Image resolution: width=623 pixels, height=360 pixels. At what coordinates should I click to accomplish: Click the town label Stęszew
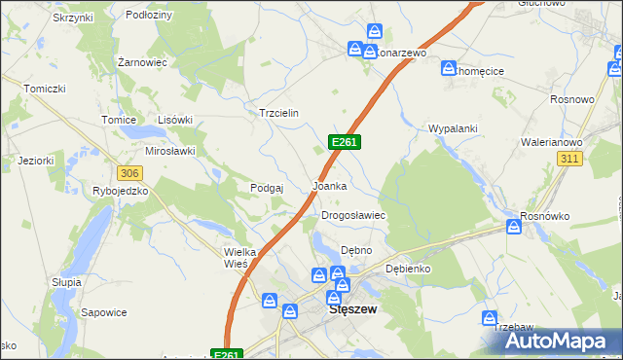(353, 309)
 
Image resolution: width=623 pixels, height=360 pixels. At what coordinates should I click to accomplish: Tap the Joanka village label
(328, 185)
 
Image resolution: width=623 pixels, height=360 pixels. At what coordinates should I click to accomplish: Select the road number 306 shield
(128, 172)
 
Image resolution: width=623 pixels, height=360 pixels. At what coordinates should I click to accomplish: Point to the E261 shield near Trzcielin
(346, 142)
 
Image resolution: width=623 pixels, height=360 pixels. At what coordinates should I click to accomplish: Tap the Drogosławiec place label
(354, 216)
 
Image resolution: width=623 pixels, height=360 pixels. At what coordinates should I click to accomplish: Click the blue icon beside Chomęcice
(448, 69)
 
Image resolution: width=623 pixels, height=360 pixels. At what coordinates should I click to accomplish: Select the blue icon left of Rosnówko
(514, 227)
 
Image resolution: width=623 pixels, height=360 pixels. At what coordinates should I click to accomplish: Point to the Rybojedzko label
(120, 191)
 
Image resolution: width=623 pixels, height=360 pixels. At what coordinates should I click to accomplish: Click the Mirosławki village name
(170, 151)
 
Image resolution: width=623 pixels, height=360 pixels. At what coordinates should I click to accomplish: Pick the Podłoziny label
(149, 16)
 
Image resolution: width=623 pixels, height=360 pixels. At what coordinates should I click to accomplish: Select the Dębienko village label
(408, 268)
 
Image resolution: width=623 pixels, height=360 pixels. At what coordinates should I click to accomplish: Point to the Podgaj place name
(267, 188)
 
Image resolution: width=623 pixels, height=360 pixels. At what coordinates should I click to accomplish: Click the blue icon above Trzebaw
(489, 318)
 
